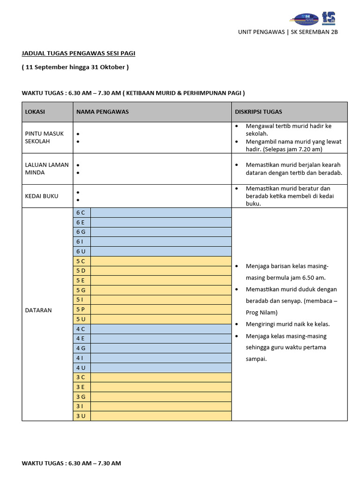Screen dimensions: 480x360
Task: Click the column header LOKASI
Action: [x=35, y=112]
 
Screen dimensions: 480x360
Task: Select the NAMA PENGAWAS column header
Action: [x=102, y=112]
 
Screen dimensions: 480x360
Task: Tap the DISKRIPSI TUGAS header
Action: [x=258, y=112]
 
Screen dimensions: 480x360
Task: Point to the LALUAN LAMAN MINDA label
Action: [x=46, y=169]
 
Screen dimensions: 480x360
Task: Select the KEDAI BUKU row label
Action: [x=41, y=196]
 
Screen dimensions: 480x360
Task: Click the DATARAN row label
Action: [x=38, y=310]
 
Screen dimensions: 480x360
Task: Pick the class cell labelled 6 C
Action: [x=81, y=213]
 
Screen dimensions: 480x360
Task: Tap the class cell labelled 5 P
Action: [x=81, y=309]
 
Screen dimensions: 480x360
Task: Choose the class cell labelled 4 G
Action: [x=81, y=348]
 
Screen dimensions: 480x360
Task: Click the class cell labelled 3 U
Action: [x=81, y=416]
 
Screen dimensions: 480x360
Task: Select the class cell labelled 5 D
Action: [x=81, y=271]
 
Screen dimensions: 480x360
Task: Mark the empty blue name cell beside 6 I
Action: [x=161, y=242]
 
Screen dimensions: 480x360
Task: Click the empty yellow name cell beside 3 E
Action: [x=161, y=387]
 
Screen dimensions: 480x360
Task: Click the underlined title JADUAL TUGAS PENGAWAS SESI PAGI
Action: [x=78, y=53]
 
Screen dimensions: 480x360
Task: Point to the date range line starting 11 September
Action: [x=75, y=67]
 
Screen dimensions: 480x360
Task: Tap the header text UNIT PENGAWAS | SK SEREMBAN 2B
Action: [x=288, y=32]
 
